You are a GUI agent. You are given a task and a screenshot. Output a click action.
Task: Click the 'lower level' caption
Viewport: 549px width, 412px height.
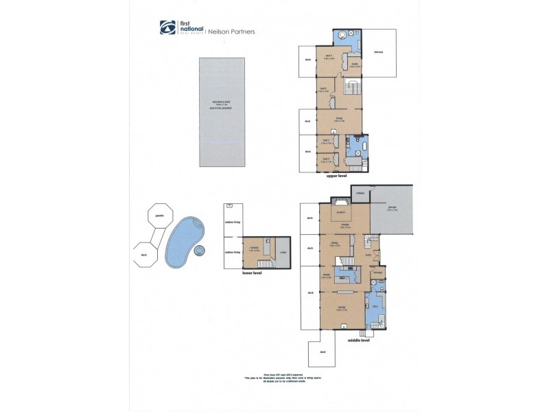pyautogui.click(x=253, y=273)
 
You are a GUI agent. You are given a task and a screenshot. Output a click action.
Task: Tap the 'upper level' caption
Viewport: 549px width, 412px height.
pyautogui.click(x=337, y=176)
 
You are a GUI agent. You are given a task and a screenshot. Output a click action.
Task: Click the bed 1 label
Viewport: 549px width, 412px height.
pyautogui.click(x=329, y=56)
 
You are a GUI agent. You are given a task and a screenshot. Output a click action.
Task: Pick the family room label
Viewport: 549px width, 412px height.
pyautogui.click(x=340, y=308)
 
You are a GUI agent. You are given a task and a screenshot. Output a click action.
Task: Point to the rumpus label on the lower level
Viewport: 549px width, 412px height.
pyautogui.click(x=253, y=248)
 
